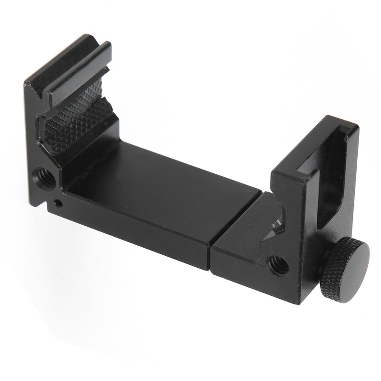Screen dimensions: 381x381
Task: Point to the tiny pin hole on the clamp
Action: (58, 203)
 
